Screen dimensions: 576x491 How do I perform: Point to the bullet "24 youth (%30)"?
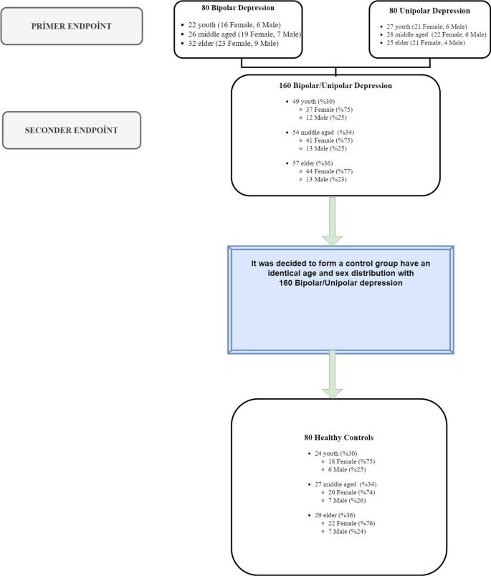[327, 453]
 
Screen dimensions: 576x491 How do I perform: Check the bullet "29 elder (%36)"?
[326, 515]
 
